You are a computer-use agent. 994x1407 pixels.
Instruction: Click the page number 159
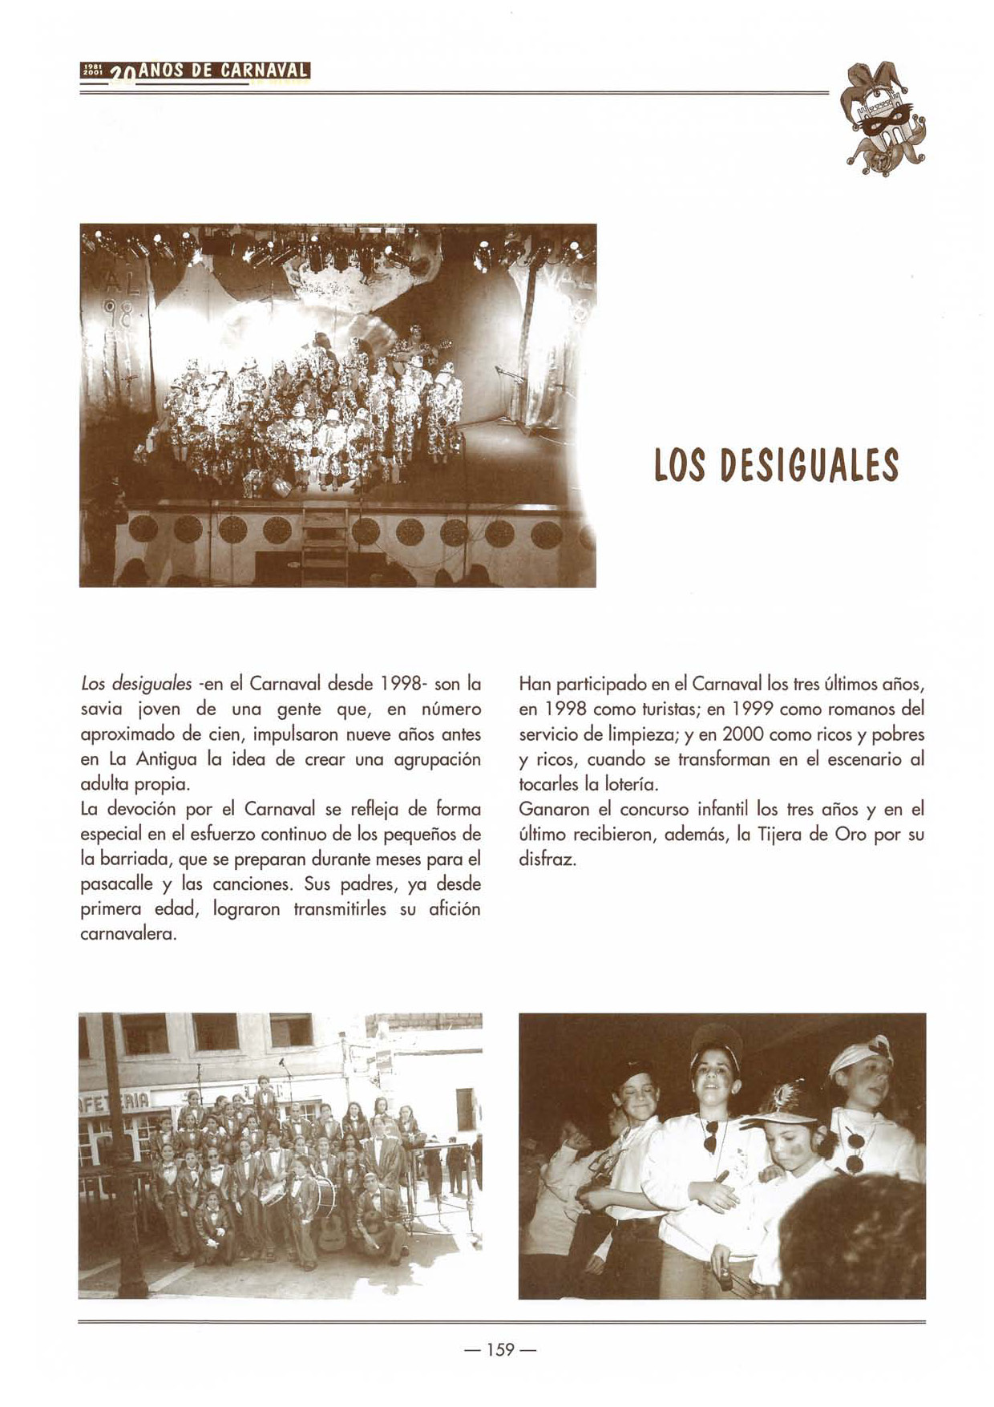coord(499,1349)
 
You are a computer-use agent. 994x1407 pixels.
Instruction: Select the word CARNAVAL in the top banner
coord(265,71)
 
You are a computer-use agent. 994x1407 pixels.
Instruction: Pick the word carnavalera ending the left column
coord(128,935)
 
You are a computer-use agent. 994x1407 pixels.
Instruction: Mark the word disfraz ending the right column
coord(548,860)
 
